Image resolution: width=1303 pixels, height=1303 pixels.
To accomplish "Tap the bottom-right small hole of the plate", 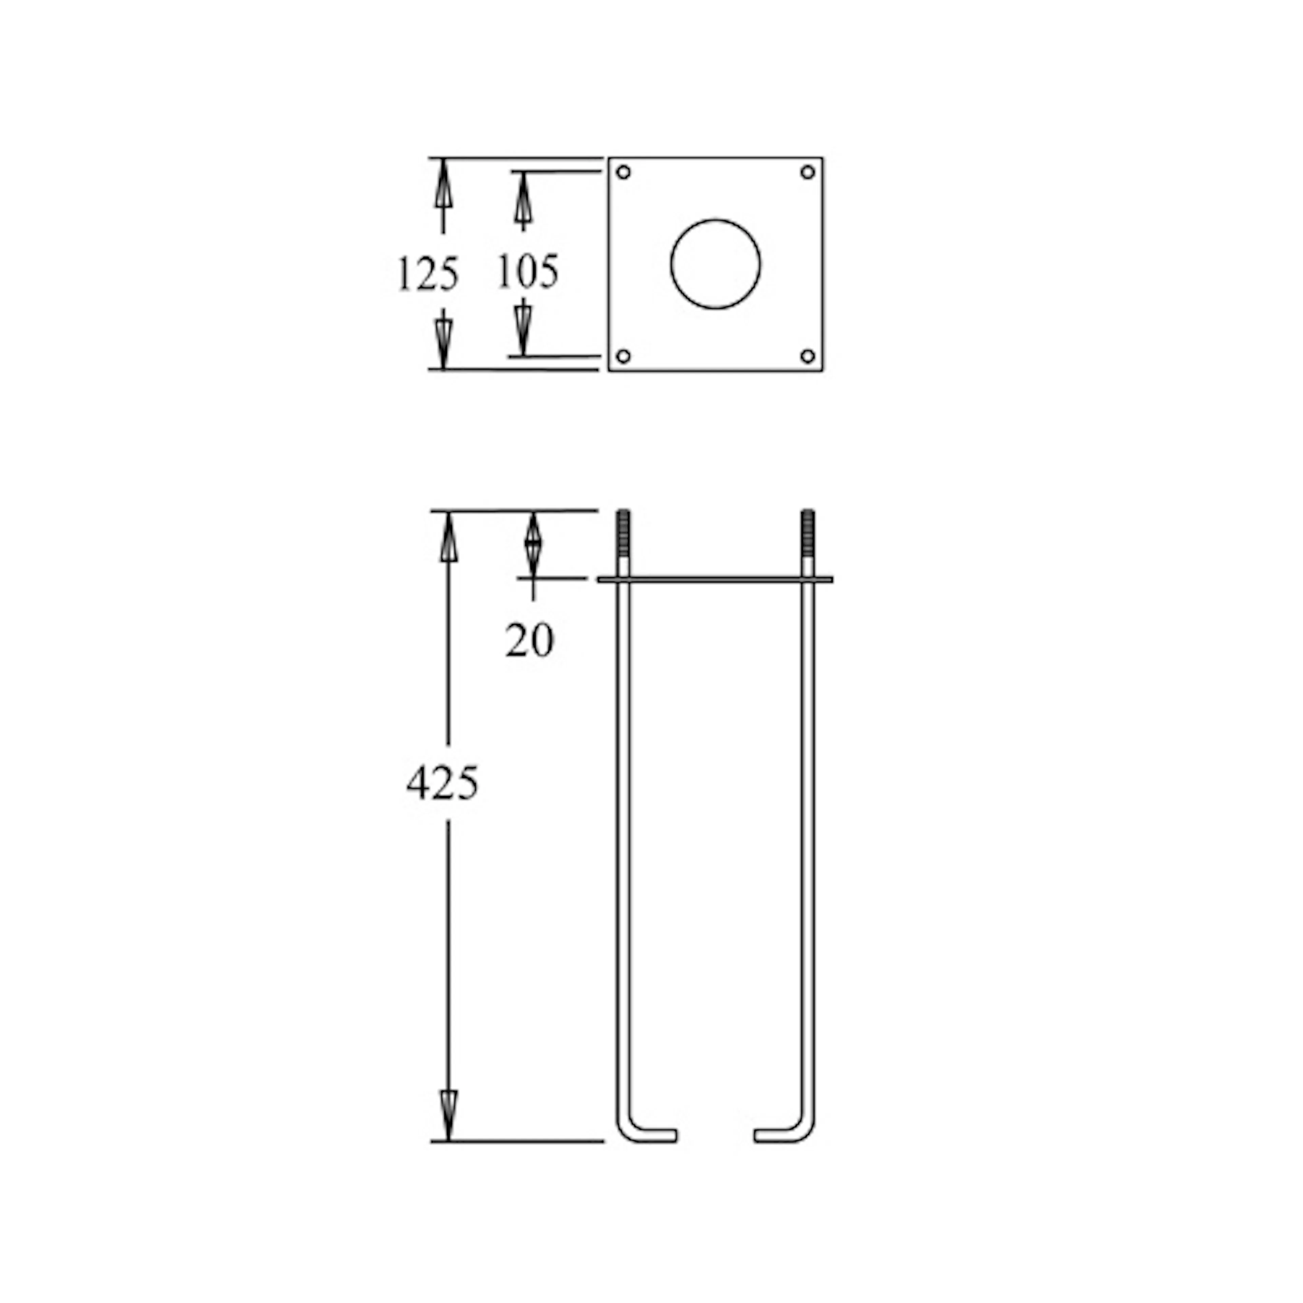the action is (807, 355).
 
